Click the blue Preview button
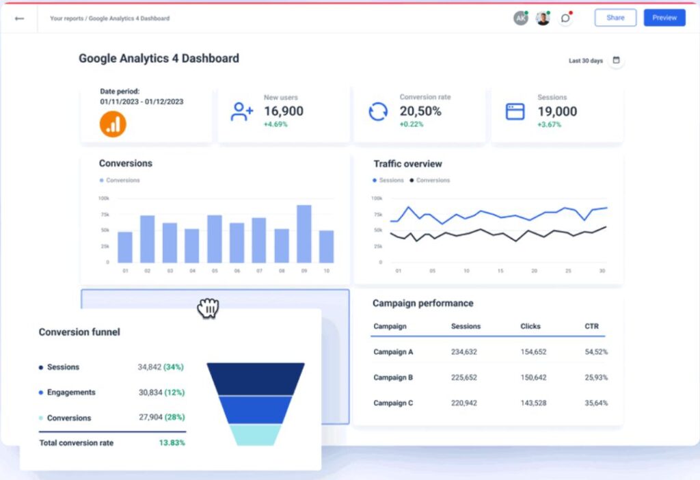pos(664,18)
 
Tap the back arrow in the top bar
pos(19,18)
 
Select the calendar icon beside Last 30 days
pos(616,60)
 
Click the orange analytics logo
pos(113,124)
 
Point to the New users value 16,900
pos(284,111)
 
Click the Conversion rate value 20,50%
pos(420,111)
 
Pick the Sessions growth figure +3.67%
pos(549,124)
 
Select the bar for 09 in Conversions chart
pos(304,234)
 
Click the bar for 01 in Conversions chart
pos(125,247)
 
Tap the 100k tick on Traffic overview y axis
pos(377,198)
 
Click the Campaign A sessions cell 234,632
pos(464,352)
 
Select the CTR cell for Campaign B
pos(596,377)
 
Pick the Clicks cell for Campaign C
pos(533,403)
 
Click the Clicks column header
pos(530,327)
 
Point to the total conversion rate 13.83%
pos(172,443)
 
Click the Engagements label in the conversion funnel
pos(71,392)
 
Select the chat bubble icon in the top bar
pos(565,18)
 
